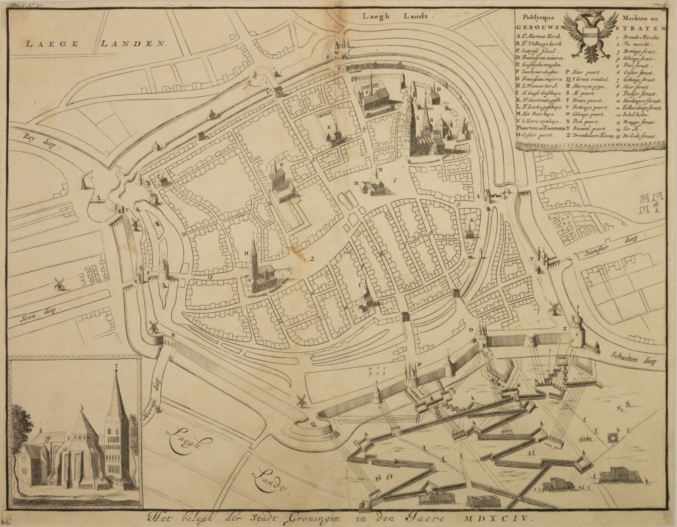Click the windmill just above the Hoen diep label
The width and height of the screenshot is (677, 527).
pos(60,283)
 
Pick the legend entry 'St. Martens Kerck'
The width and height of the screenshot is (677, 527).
pos(542,37)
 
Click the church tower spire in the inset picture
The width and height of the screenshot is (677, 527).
pos(116,400)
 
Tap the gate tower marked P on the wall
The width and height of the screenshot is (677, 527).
pos(410,376)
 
